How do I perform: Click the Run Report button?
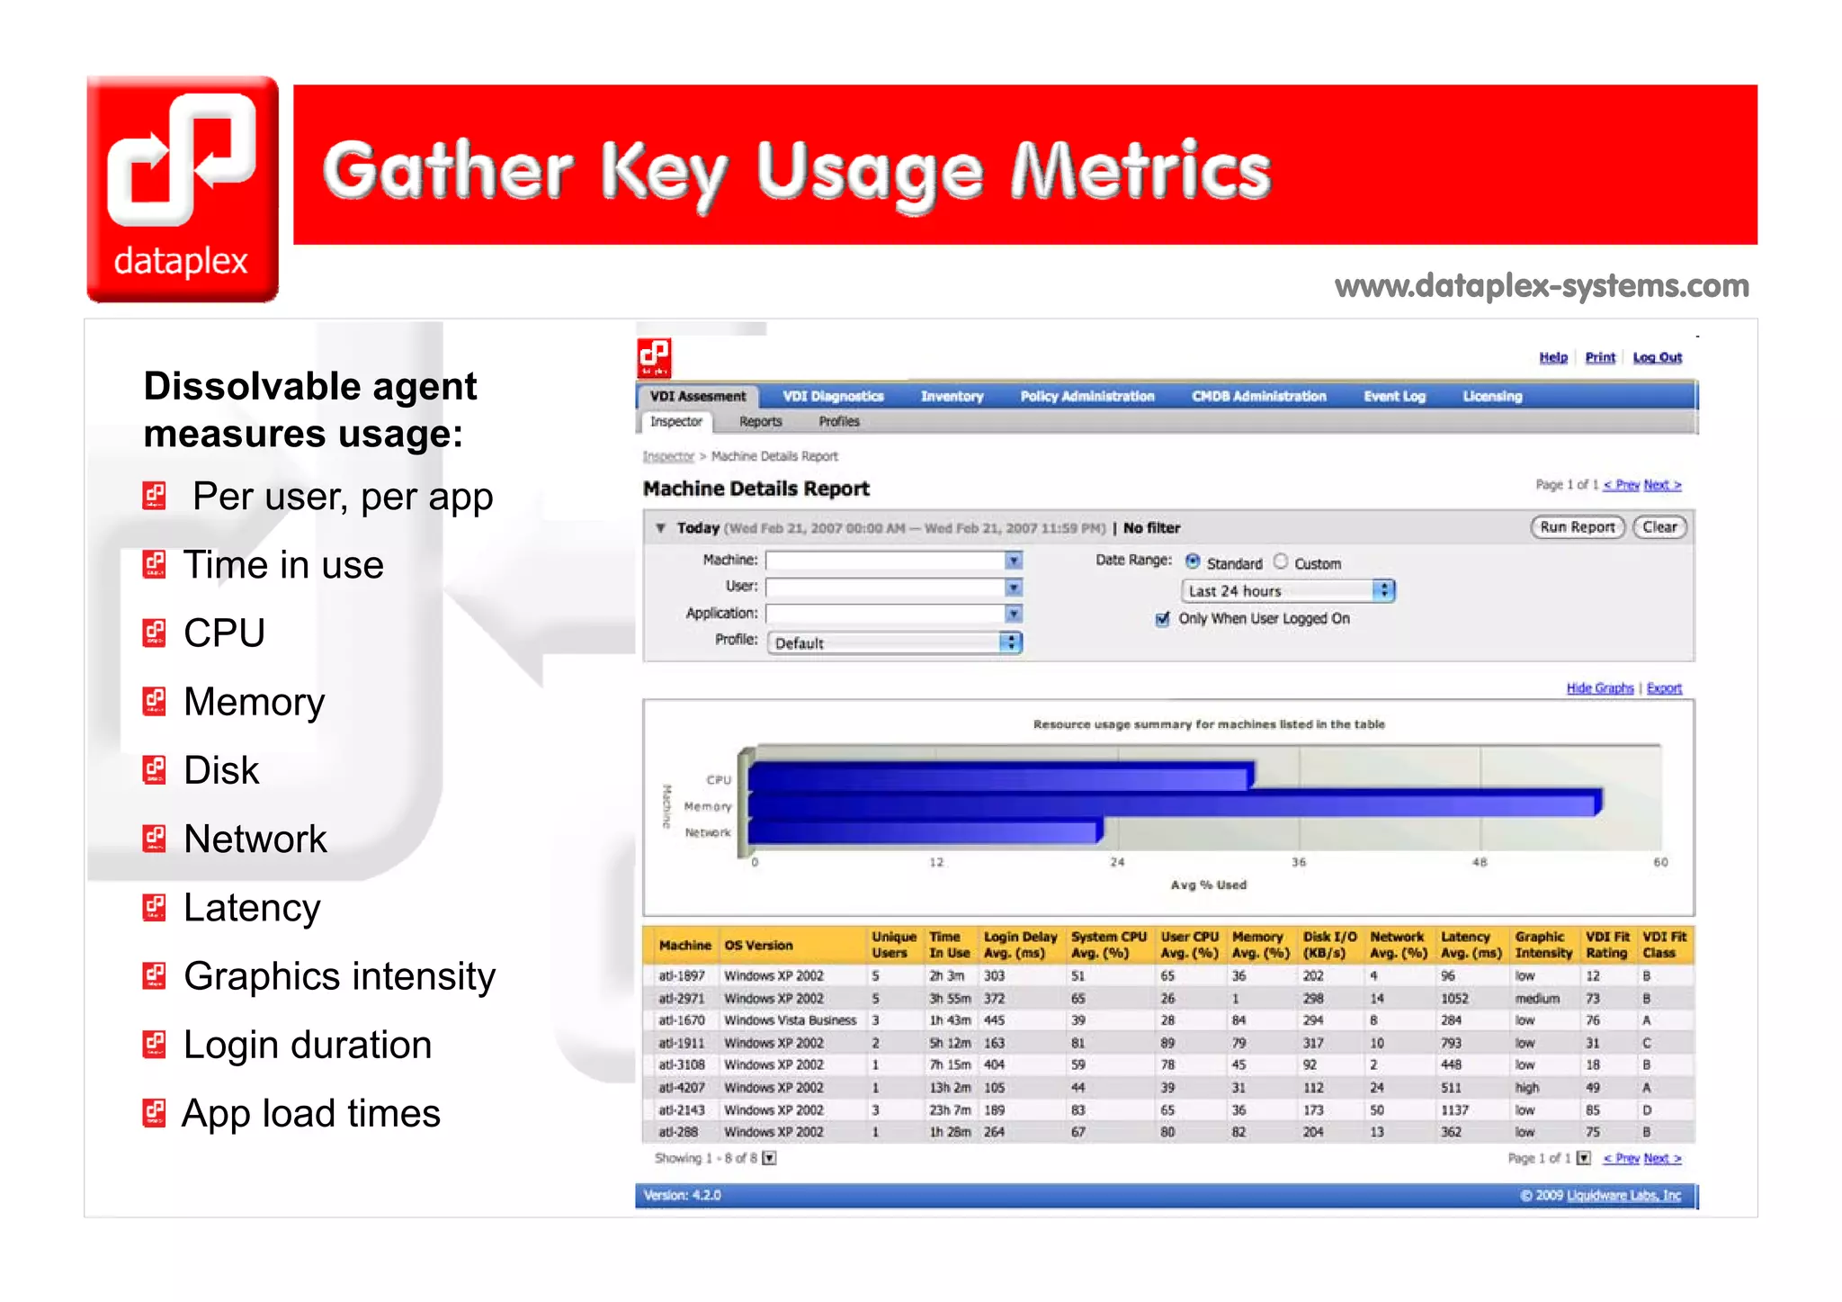(1577, 527)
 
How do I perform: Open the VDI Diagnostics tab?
(833, 397)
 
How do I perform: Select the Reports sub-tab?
(760, 421)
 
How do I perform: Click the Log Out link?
(1657, 357)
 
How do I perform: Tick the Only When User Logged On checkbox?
(1163, 619)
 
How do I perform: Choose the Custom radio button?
(1281, 562)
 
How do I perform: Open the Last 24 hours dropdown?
(1287, 591)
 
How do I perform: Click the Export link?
(1664, 688)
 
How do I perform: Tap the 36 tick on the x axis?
(1299, 862)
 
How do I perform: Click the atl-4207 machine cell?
(681, 1088)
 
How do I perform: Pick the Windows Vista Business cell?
(790, 1020)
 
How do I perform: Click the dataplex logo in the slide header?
(183, 189)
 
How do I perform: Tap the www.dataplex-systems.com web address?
(1542, 286)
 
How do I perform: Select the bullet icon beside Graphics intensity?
(155, 976)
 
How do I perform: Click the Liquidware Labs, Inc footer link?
(1623, 1196)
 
